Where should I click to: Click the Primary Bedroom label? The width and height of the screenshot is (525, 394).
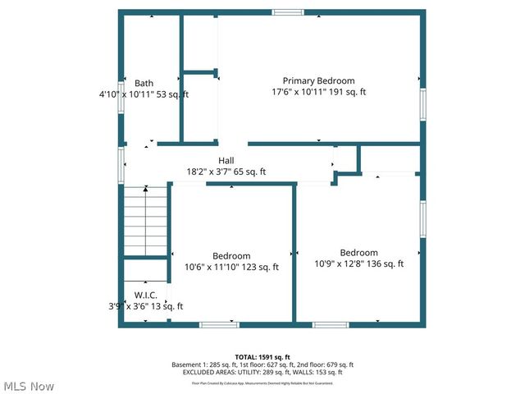point(318,80)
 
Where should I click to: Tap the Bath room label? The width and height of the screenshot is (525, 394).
point(144,83)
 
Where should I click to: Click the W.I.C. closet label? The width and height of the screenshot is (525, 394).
point(145,295)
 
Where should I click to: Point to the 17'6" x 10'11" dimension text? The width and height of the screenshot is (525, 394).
point(318,93)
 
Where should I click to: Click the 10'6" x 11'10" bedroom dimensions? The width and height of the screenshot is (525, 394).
point(231,267)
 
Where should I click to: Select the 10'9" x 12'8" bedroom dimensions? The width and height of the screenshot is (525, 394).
point(358,264)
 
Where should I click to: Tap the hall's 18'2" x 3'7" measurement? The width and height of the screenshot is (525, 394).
point(226,172)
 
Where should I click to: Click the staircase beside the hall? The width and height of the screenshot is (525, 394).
point(146,222)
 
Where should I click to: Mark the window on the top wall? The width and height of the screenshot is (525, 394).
point(287,12)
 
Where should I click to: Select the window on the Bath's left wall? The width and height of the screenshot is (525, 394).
point(121,97)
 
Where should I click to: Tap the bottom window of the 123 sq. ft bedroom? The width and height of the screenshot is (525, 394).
point(220,325)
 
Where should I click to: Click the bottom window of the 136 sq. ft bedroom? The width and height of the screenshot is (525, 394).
point(331,325)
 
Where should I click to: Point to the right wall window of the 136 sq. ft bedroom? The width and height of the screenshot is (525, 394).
point(423,219)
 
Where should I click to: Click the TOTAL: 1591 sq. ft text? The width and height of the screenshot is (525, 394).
point(262,357)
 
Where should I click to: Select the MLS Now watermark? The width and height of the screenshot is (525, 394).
point(29,386)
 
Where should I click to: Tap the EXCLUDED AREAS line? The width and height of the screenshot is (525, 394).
point(262,373)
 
